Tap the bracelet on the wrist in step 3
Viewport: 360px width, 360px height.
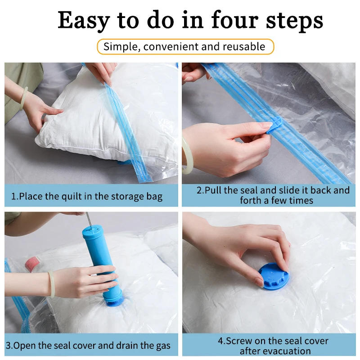[52, 284]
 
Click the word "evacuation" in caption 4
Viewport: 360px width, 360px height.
[288, 351]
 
